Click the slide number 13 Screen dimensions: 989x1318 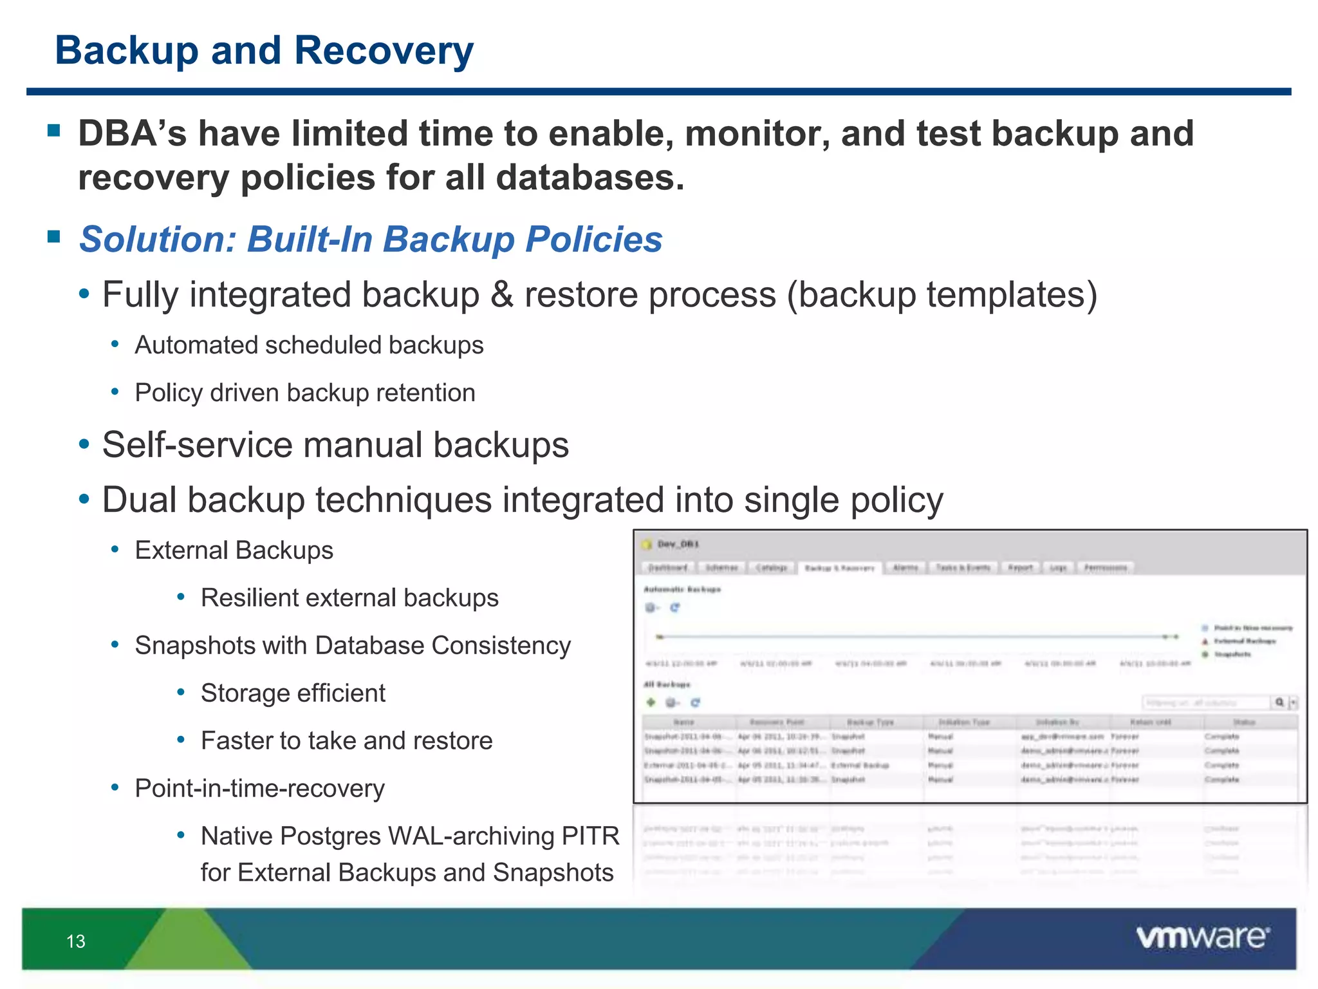[x=75, y=941]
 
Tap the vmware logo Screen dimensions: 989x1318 [x=1202, y=937]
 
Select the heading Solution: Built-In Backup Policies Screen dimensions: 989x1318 [x=371, y=239]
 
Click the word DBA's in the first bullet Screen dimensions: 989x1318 [x=133, y=133]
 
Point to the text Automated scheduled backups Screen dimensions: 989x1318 [x=309, y=345]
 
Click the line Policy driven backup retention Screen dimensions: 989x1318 [x=305, y=393]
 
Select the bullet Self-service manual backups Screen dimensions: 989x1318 [x=335, y=445]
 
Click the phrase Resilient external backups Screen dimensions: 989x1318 [x=349, y=598]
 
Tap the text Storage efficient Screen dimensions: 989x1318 [x=293, y=693]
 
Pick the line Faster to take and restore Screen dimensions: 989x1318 [x=346, y=741]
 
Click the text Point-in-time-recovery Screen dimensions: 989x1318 [x=259, y=789]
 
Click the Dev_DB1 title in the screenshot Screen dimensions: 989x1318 [x=678, y=544]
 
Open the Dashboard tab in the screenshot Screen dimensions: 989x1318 [x=667, y=567]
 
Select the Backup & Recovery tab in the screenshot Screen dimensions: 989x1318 [x=840, y=568]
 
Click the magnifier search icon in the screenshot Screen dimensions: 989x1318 [x=1279, y=702]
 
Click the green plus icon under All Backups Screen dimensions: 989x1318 [x=651, y=702]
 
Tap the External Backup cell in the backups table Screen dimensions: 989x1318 [x=860, y=766]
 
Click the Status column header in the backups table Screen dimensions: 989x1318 [x=1243, y=722]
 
